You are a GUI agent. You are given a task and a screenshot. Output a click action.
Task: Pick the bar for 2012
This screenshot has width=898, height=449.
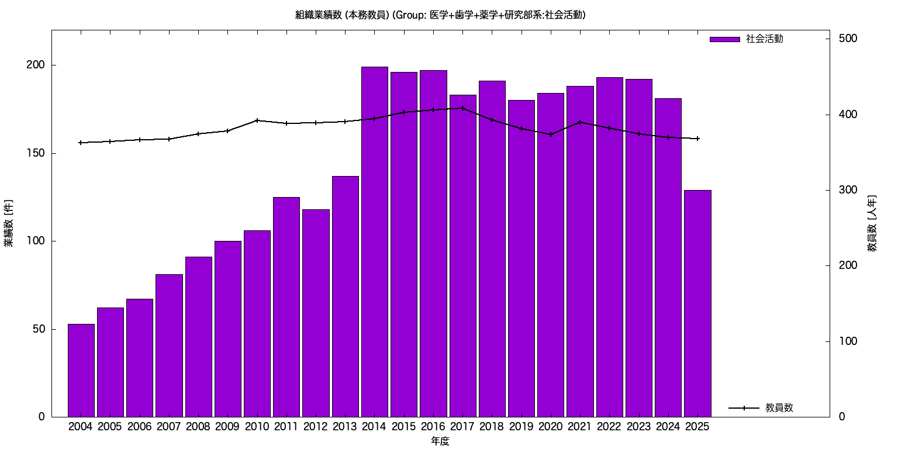(316, 313)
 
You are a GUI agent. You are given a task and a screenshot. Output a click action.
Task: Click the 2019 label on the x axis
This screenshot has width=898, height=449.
(521, 426)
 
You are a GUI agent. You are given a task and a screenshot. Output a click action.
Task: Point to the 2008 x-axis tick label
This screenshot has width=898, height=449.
(198, 426)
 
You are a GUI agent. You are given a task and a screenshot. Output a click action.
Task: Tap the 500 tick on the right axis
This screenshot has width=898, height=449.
(848, 39)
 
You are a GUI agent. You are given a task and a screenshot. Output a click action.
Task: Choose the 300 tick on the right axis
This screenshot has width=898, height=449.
(848, 190)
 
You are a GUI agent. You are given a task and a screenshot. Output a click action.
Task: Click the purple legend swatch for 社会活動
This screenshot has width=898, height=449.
(724, 39)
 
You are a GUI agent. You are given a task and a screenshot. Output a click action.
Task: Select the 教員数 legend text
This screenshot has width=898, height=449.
(779, 408)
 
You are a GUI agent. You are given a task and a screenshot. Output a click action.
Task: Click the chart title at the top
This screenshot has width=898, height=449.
(440, 15)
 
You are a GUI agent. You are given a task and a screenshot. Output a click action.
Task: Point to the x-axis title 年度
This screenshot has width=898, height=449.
(440, 441)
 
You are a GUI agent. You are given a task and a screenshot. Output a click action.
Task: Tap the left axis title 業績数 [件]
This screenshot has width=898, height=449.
(9, 223)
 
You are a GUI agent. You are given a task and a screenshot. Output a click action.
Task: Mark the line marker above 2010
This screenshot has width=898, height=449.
(257, 120)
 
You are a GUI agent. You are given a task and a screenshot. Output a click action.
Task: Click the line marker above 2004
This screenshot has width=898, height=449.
(81, 143)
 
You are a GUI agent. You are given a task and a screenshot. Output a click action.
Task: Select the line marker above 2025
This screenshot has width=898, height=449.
(697, 139)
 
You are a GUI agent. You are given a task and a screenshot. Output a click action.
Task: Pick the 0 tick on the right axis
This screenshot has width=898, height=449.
(841, 417)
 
